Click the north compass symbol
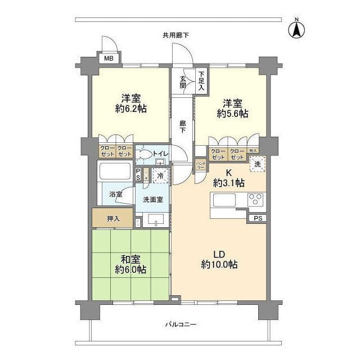point(296,29)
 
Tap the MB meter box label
point(108,58)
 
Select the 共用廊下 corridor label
point(175,35)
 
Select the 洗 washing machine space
point(257,165)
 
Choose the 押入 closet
point(113,218)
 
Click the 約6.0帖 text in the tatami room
point(130,270)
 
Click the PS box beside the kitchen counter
point(258,218)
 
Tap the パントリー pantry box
point(201,164)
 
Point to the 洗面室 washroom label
point(152,199)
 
